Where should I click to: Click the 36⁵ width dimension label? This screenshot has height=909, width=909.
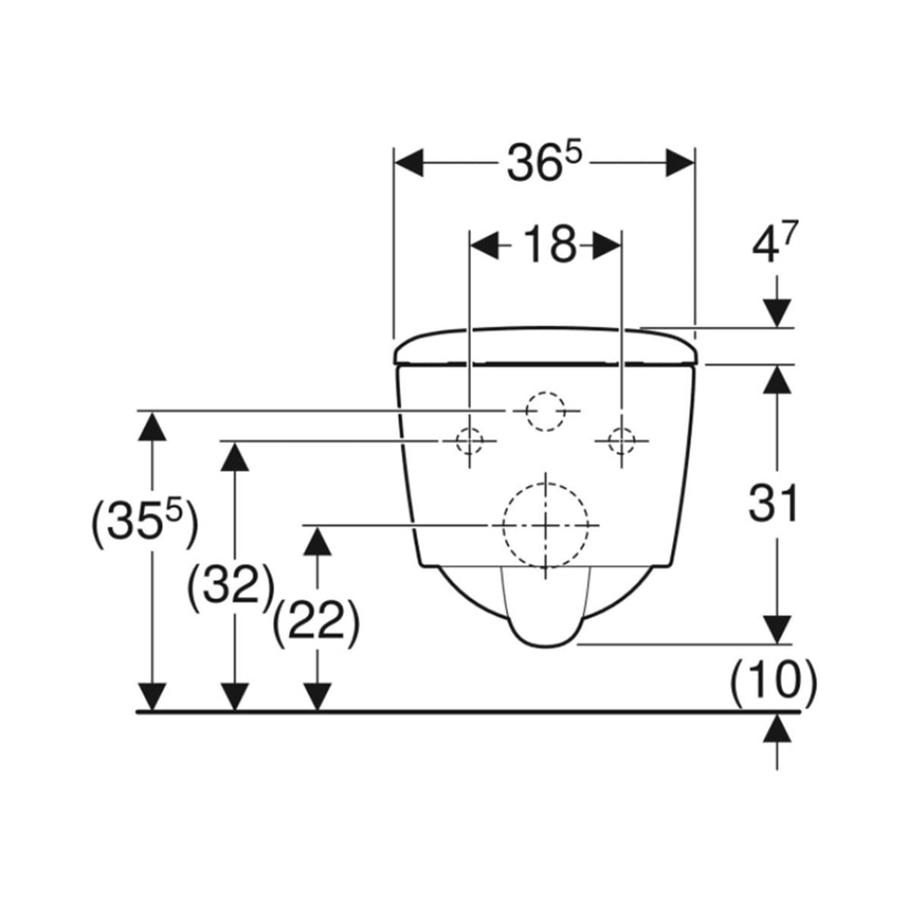pyautogui.click(x=544, y=163)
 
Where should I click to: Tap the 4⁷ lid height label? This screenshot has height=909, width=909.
pyautogui.click(x=774, y=243)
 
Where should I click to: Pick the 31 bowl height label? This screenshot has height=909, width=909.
pyautogui.click(x=774, y=503)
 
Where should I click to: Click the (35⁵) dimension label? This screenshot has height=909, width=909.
pyautogui.click(x=145, y=524)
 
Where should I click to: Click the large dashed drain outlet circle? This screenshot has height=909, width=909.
pyautogui.click(x=545, y=524)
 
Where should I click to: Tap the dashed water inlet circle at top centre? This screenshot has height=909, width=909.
pyautogui.click(x=545, y=411)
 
